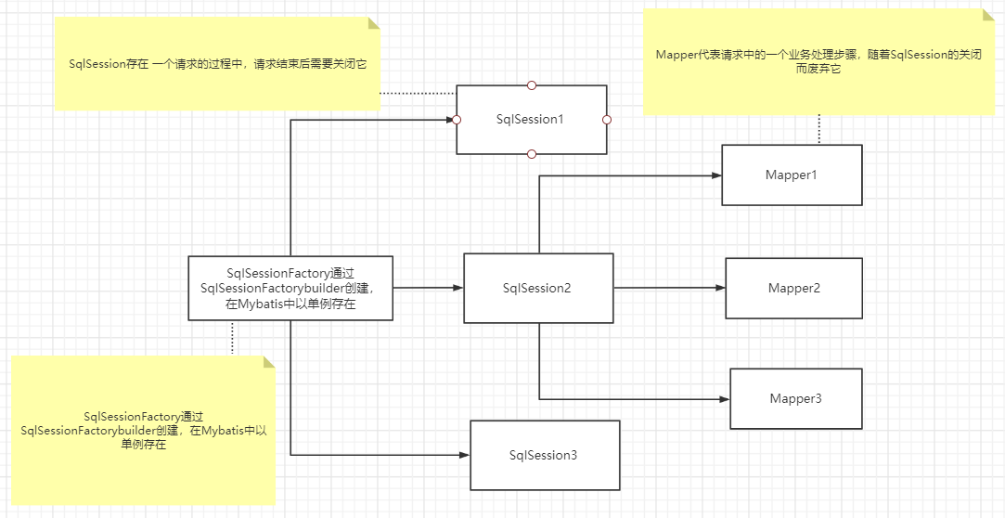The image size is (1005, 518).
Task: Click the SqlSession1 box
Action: pyautogui.click(x=531, y=120)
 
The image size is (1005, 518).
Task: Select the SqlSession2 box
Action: pyautogui.click(x=538, y=288)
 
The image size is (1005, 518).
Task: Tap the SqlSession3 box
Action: pyautogui.click(x=545, y=455)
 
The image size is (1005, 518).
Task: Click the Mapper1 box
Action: pyautogui.click(x=792, y=175)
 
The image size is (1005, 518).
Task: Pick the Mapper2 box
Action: pyautogui.click(x=793, y=288)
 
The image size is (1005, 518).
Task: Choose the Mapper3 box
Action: pyautogui.click(x=795, y=398)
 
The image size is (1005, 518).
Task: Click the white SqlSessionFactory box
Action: pyautogui.click(x=290, y=288)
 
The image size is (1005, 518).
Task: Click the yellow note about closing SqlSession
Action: pyautogui.click(x=217, y=64)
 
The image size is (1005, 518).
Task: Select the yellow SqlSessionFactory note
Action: pyautogui.click(x=143, y=431)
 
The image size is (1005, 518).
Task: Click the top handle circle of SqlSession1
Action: pyautogui.click(x=532, y=85)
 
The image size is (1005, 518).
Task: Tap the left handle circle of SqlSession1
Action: pyautogui.click(x=457, y=120)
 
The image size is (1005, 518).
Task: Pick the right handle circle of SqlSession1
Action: pyautogui.click(x=607, y=120)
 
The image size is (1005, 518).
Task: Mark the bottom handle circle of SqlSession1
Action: pyautogui.click(x=532, y=153)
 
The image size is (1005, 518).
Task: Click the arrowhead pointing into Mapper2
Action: pyautogui.click(x=720, y=288)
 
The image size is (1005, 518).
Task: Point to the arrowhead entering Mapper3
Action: pyautogui.click(x=725, y=398)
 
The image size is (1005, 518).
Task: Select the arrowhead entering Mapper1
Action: pyautogui.click(x=717, y=175)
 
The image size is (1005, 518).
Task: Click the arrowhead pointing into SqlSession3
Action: pyautogui.click(x=465, y=455)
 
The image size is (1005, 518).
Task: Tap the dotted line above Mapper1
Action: pyautogui.click(x=819, y=130)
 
